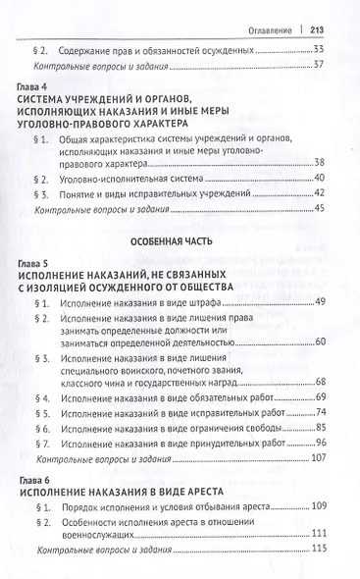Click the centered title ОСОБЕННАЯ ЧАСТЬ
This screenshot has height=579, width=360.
(180, 240)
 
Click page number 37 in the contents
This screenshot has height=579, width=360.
(318, 65)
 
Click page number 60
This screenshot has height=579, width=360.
(318, 341)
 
